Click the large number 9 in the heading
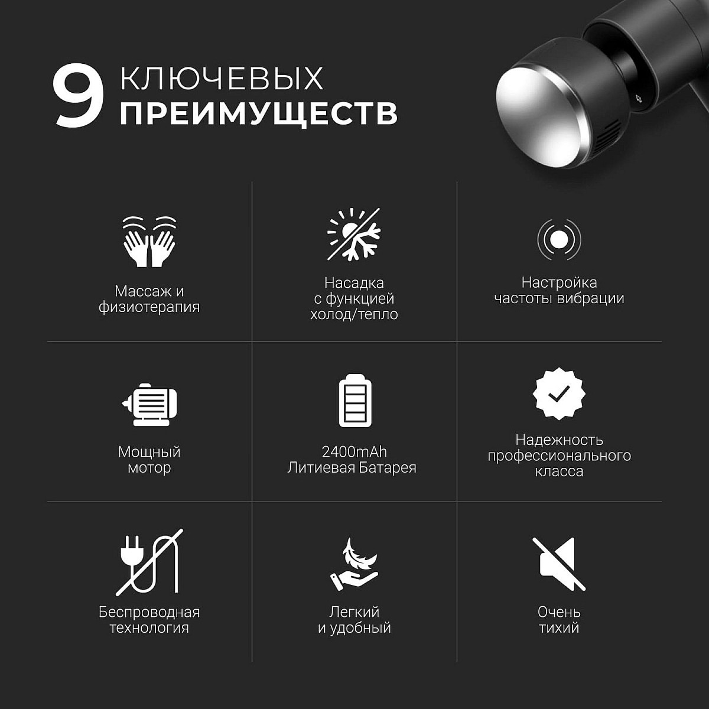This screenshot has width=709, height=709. point(78,95)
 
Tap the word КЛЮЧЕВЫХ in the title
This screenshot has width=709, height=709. point(222,78)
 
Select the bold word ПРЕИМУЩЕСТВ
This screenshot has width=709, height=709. point(259,114)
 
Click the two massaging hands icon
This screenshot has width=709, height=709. point(149,242)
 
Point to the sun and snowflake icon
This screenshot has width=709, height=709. point(354,234)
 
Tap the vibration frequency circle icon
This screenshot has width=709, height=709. point(559,240)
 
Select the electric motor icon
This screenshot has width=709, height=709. point(149,405)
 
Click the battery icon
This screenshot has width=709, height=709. point(355,401)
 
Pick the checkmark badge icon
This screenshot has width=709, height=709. point(559,393)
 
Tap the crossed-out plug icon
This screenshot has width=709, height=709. point(149,562)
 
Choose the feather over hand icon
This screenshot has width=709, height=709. point(354,564)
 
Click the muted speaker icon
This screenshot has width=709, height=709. point(558,564)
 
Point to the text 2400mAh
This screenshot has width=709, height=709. point(354,452)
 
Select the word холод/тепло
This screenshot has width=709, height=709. point(354,314)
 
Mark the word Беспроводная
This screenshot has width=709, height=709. point(149,612)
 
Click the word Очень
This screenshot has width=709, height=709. point(559,612)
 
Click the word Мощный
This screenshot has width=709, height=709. point(149,452)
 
